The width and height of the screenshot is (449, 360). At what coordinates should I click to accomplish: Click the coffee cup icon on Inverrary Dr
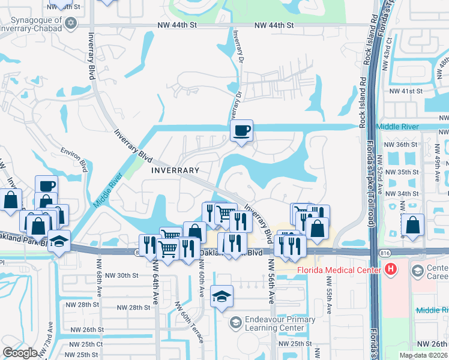[x=242, y=131]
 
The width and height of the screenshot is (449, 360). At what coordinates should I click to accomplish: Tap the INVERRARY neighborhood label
[x=174, y=170]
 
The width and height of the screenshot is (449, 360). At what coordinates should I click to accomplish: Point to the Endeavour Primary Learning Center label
[x=280, y=324]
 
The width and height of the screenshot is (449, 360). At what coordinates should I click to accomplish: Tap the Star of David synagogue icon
[x=71, y=23]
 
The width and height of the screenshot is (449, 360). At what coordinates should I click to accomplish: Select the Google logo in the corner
[x=20, y=353]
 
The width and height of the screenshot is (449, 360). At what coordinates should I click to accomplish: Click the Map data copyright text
[x=423, y=355]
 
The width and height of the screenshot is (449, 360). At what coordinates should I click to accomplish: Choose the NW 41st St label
[x=406, y=91]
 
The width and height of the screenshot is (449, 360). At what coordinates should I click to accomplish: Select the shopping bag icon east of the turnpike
[x=414, y=226]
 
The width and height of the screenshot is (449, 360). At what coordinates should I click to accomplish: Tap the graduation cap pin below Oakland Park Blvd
[x=222, y=296]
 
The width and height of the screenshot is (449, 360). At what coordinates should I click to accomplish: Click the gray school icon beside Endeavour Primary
[x=235, y=323]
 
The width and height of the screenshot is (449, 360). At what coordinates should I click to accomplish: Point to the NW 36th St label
[x=400, y=145]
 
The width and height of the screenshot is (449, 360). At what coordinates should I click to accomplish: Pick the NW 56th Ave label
[x=271, y=281]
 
